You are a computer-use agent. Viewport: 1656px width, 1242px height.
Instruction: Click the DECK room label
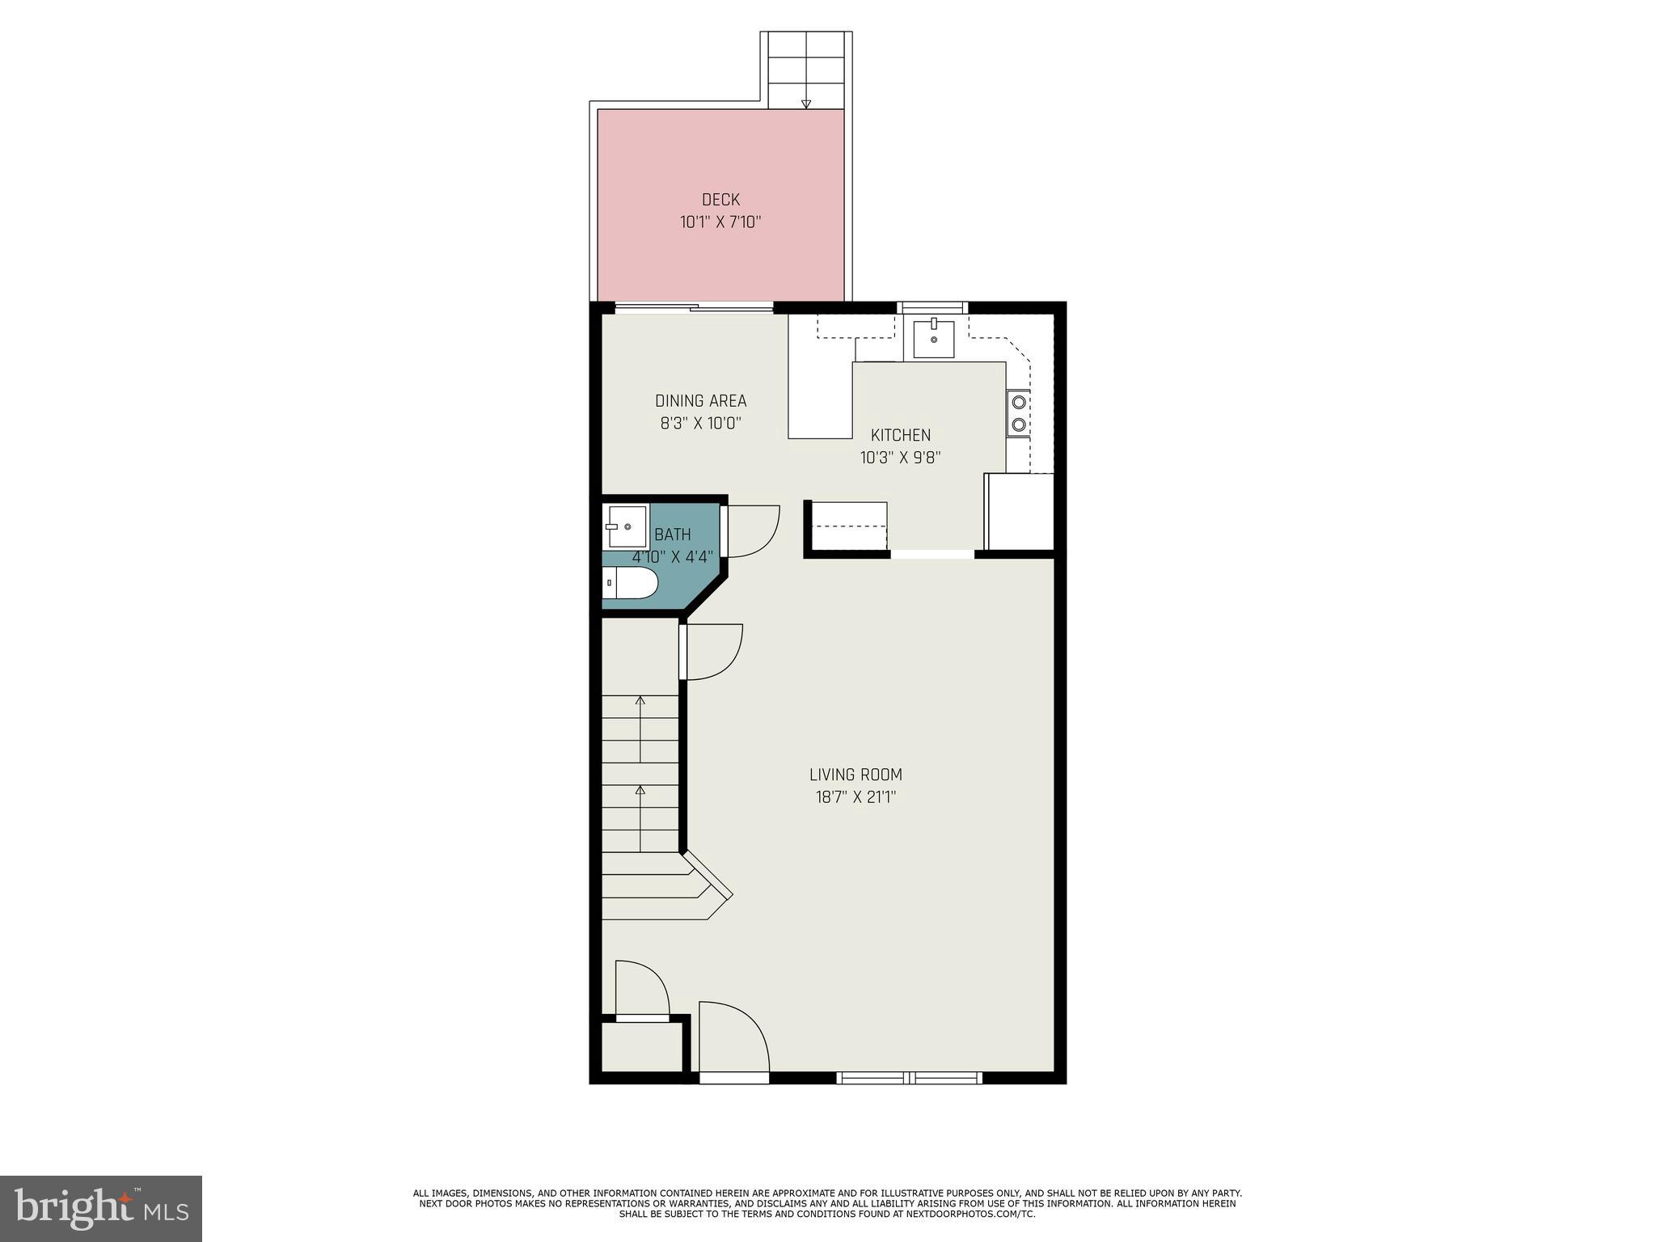point(720,200)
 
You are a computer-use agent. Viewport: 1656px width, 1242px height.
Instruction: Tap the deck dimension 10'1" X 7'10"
point(720,222)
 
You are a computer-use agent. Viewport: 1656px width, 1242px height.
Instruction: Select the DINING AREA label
point(700,401)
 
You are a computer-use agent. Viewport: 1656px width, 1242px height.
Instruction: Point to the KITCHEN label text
point(900,435)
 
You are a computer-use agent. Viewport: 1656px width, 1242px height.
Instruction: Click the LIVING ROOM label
point(855,775)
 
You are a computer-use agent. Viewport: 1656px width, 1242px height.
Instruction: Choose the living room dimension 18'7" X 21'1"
point(855,797)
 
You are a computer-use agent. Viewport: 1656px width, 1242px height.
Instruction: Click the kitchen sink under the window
point(933,339)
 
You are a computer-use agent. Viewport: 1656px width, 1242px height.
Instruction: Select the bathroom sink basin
point(627,526)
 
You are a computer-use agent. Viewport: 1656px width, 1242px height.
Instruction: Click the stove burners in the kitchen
point(1019,412)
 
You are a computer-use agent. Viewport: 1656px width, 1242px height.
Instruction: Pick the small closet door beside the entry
point(641,989)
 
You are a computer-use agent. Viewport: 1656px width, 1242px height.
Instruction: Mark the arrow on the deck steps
point(805,103)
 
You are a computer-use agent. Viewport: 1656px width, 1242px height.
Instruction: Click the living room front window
point(909,1077)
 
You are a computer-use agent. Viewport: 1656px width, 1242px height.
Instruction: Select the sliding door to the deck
point(694,307)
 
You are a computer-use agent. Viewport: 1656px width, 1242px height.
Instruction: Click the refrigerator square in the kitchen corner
point(1020,512)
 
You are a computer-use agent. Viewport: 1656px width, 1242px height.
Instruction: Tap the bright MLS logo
point(101,1208)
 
